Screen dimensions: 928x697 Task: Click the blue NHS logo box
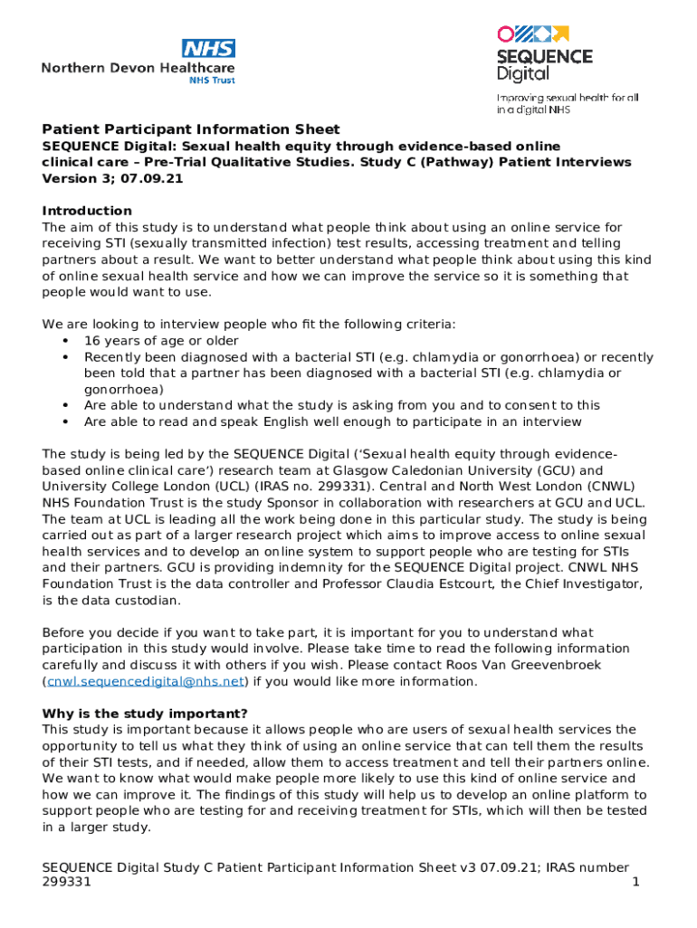tap(208, 49)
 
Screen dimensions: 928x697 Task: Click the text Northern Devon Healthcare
tap(138, 68)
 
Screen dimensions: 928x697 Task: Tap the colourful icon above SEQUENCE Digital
tap(532, 34)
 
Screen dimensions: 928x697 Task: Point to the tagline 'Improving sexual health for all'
tap(568, 97)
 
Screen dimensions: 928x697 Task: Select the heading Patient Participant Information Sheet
tap(191, 130)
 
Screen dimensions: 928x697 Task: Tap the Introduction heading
tap(87, 211)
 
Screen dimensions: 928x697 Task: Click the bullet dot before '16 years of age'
tap(65, 341)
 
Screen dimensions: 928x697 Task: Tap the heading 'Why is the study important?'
tap(145, 714)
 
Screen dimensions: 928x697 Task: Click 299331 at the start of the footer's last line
tap(66, 884)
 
